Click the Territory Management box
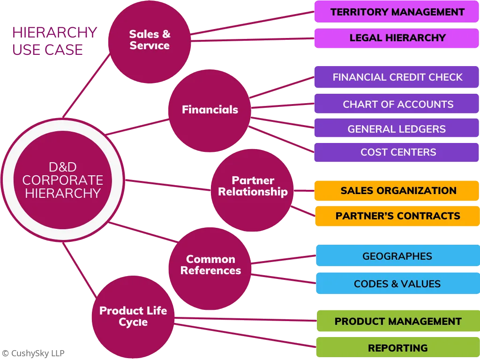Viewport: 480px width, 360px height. click(x=397, y=12)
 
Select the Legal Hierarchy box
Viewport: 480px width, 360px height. click(x=397, y=38)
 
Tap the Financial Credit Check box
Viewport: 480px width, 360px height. click(x=397, y=77)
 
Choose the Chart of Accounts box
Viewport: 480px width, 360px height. click(x=397, y=104)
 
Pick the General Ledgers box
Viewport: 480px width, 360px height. click(x=397, y=128)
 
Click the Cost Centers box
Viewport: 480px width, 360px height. click(x=397, y=152)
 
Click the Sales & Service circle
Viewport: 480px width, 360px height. click(x=150, y=41)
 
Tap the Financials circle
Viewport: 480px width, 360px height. click(x=210, y=110)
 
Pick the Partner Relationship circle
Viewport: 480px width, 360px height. click(x=252, y=190)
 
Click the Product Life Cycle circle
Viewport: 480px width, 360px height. click(x=133, y=317)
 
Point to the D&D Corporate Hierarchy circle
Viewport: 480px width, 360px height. click(x=63, y=180)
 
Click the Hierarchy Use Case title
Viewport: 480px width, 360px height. click(x=53, y=41)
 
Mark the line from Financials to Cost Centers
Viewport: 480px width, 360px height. click(x=281, y=139)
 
